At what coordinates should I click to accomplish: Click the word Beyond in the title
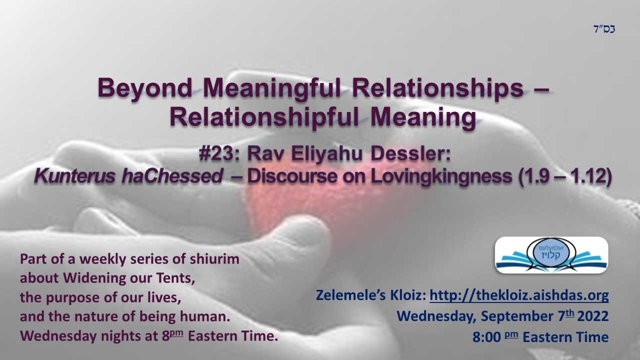144,88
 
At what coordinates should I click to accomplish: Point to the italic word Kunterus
74,176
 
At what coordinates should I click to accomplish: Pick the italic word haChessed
172,176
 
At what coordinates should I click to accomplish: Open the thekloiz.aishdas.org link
519,295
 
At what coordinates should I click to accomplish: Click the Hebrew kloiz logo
551,255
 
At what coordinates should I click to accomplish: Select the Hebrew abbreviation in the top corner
604,29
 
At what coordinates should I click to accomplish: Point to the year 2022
593,316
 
